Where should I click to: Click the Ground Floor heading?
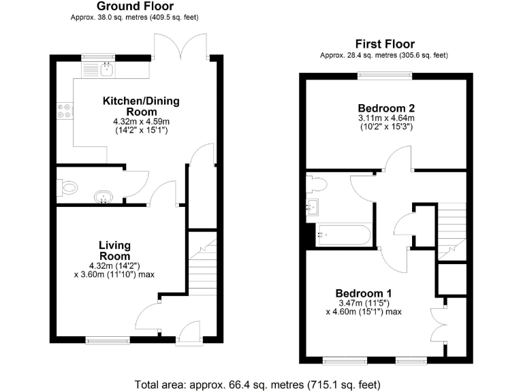[140, 6]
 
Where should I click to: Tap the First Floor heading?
[385, 44]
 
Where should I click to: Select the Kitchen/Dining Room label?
[141, 106]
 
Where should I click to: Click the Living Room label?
[114, 250]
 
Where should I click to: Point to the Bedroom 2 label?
[386, 108]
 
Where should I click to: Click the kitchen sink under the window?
[106, 67]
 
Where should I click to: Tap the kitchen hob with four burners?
[65, 110]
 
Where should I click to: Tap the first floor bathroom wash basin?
[314, 208]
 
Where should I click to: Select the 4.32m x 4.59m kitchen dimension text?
[141, 121]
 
